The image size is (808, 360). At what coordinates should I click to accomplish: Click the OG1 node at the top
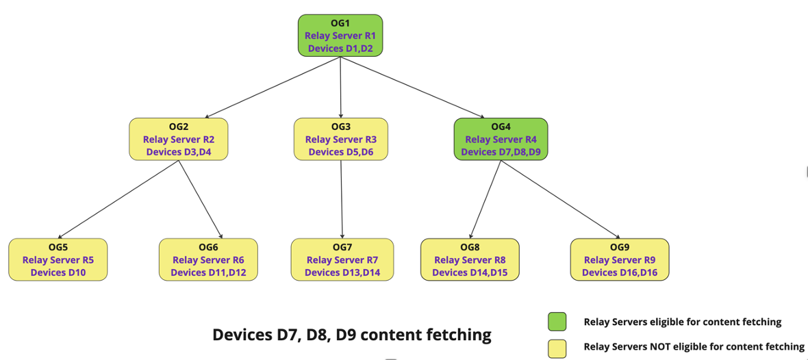pos(340,36)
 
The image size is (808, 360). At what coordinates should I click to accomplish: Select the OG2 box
pos(178,139)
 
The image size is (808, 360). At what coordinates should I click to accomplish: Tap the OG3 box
pos(340,139)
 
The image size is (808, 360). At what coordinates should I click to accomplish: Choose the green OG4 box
pos(501,139)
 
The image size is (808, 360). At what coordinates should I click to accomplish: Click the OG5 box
pos(58,259)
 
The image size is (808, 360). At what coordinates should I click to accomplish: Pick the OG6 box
pos(208,259)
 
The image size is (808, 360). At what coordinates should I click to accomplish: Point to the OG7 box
pos(342,259)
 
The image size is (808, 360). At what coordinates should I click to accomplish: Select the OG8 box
pos(470,259)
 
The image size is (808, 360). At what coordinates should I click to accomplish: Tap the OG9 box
pos(619,259)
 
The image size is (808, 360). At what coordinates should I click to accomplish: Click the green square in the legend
pos(557,322)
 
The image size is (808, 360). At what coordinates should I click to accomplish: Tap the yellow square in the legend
pos(557,348)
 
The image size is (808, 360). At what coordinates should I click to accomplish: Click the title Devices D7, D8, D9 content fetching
pos(352,335)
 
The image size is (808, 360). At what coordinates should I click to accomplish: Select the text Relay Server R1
pos(340,36)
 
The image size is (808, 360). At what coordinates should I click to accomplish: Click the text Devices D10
pos(58,272)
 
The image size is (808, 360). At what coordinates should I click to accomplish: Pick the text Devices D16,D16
pos(619,272)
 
